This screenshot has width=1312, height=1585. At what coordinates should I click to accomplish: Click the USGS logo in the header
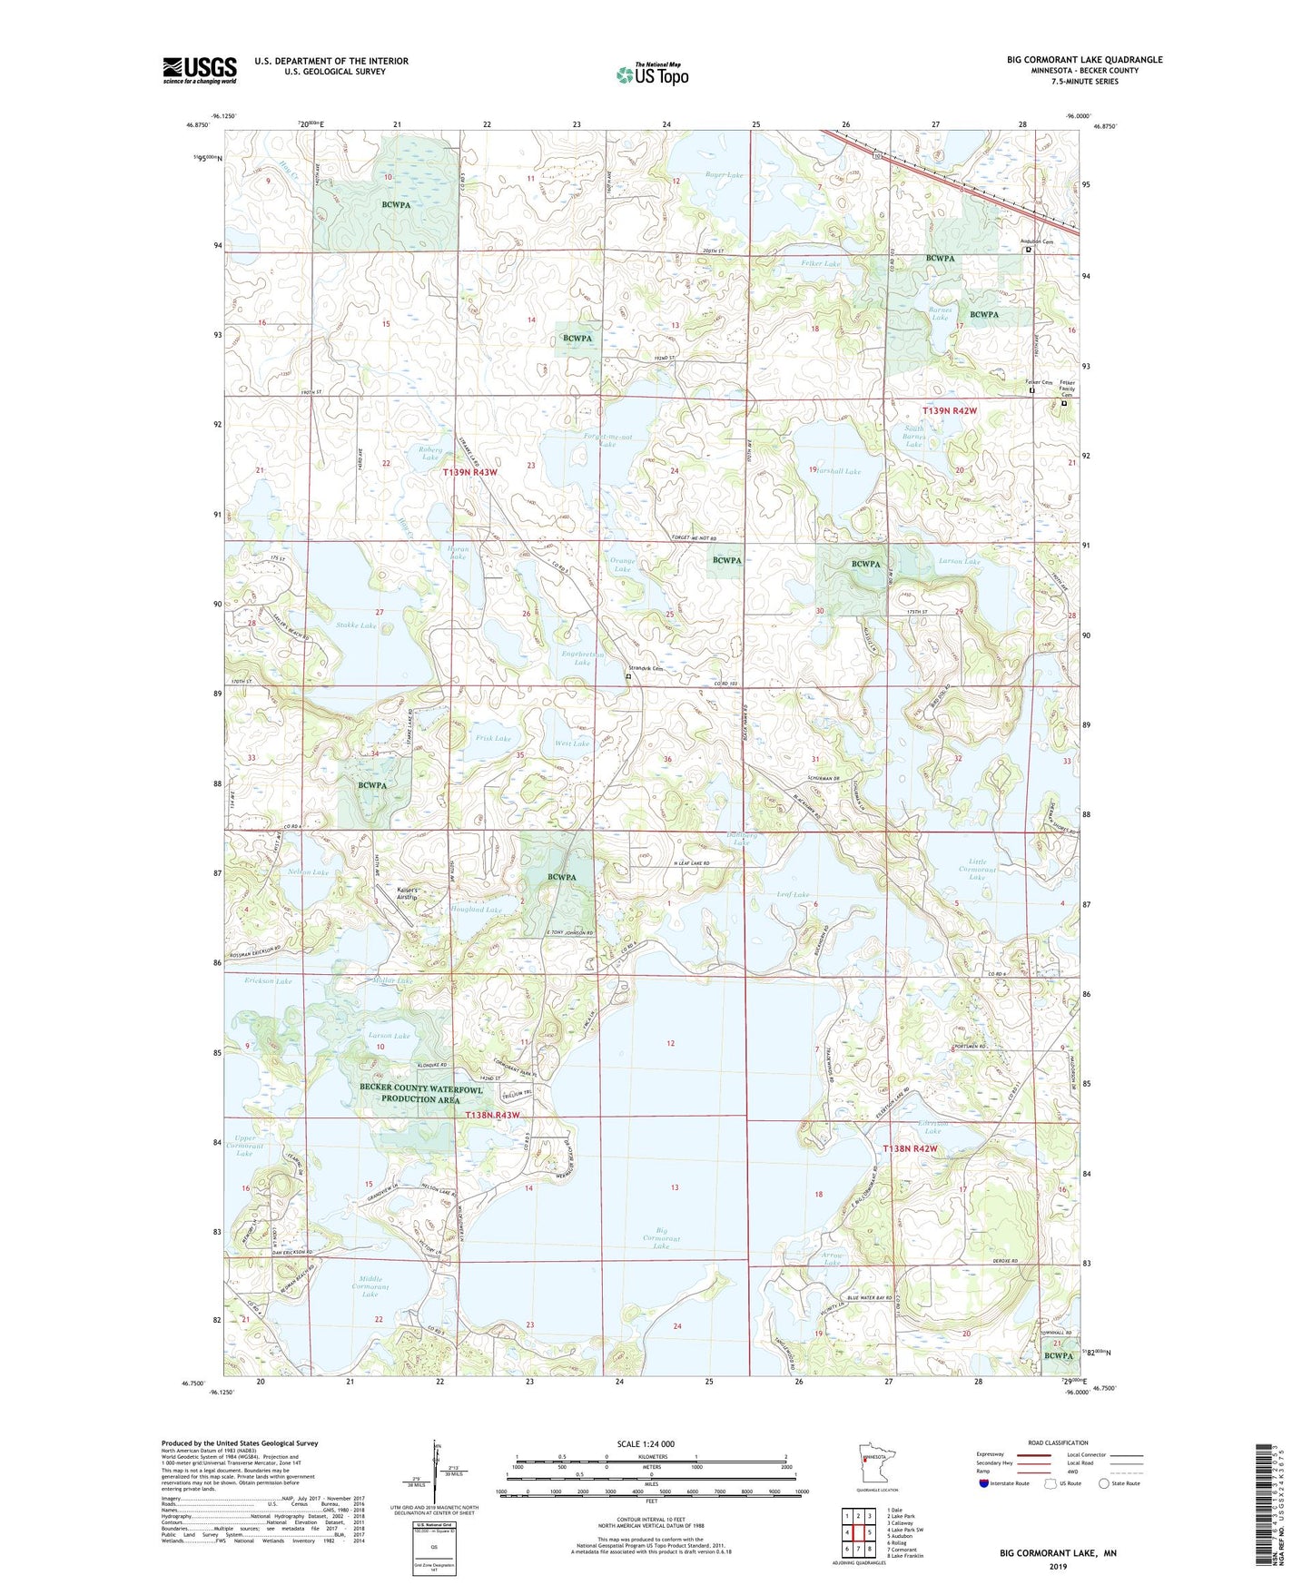point(200,70)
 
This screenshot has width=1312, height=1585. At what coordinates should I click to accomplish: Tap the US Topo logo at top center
point(652,74)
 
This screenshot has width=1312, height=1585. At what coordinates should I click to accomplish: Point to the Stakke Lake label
point(356,625)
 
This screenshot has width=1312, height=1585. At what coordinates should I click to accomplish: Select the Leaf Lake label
point(794,894)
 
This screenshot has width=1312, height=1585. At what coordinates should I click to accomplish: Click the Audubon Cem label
point(1036,241)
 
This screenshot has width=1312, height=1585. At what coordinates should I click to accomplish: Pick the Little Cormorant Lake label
point(977,869)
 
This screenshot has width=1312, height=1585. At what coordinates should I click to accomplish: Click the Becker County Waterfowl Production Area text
point(420,1093)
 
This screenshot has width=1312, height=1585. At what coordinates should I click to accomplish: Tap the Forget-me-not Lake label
point(607,439)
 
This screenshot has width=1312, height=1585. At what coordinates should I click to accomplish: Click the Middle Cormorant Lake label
point(370,1286)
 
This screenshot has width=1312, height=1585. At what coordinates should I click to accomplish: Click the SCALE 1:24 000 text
point(645,1443)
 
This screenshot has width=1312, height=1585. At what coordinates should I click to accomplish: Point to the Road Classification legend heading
point(1058,1442)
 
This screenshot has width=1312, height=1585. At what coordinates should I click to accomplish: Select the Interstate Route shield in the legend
point(983,1483)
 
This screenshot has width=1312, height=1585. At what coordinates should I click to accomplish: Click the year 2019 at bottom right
point(1058,1566)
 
